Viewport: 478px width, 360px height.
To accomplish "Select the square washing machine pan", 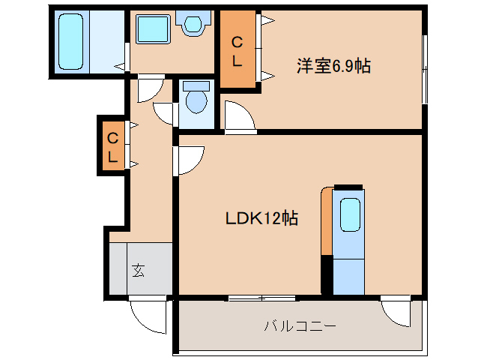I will [154, 30].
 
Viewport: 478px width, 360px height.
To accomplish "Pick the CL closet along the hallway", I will [112, 148].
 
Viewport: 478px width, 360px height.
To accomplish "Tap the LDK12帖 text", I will [262, 218].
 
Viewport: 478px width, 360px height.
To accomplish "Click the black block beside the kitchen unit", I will [327, 275].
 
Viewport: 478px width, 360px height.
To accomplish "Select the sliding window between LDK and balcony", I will [262, 298].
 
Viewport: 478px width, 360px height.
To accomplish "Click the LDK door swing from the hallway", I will [190, 159].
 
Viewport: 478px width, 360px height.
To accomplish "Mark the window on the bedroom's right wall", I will [424, 67].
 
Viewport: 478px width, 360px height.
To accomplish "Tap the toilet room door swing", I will [164, 110].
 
